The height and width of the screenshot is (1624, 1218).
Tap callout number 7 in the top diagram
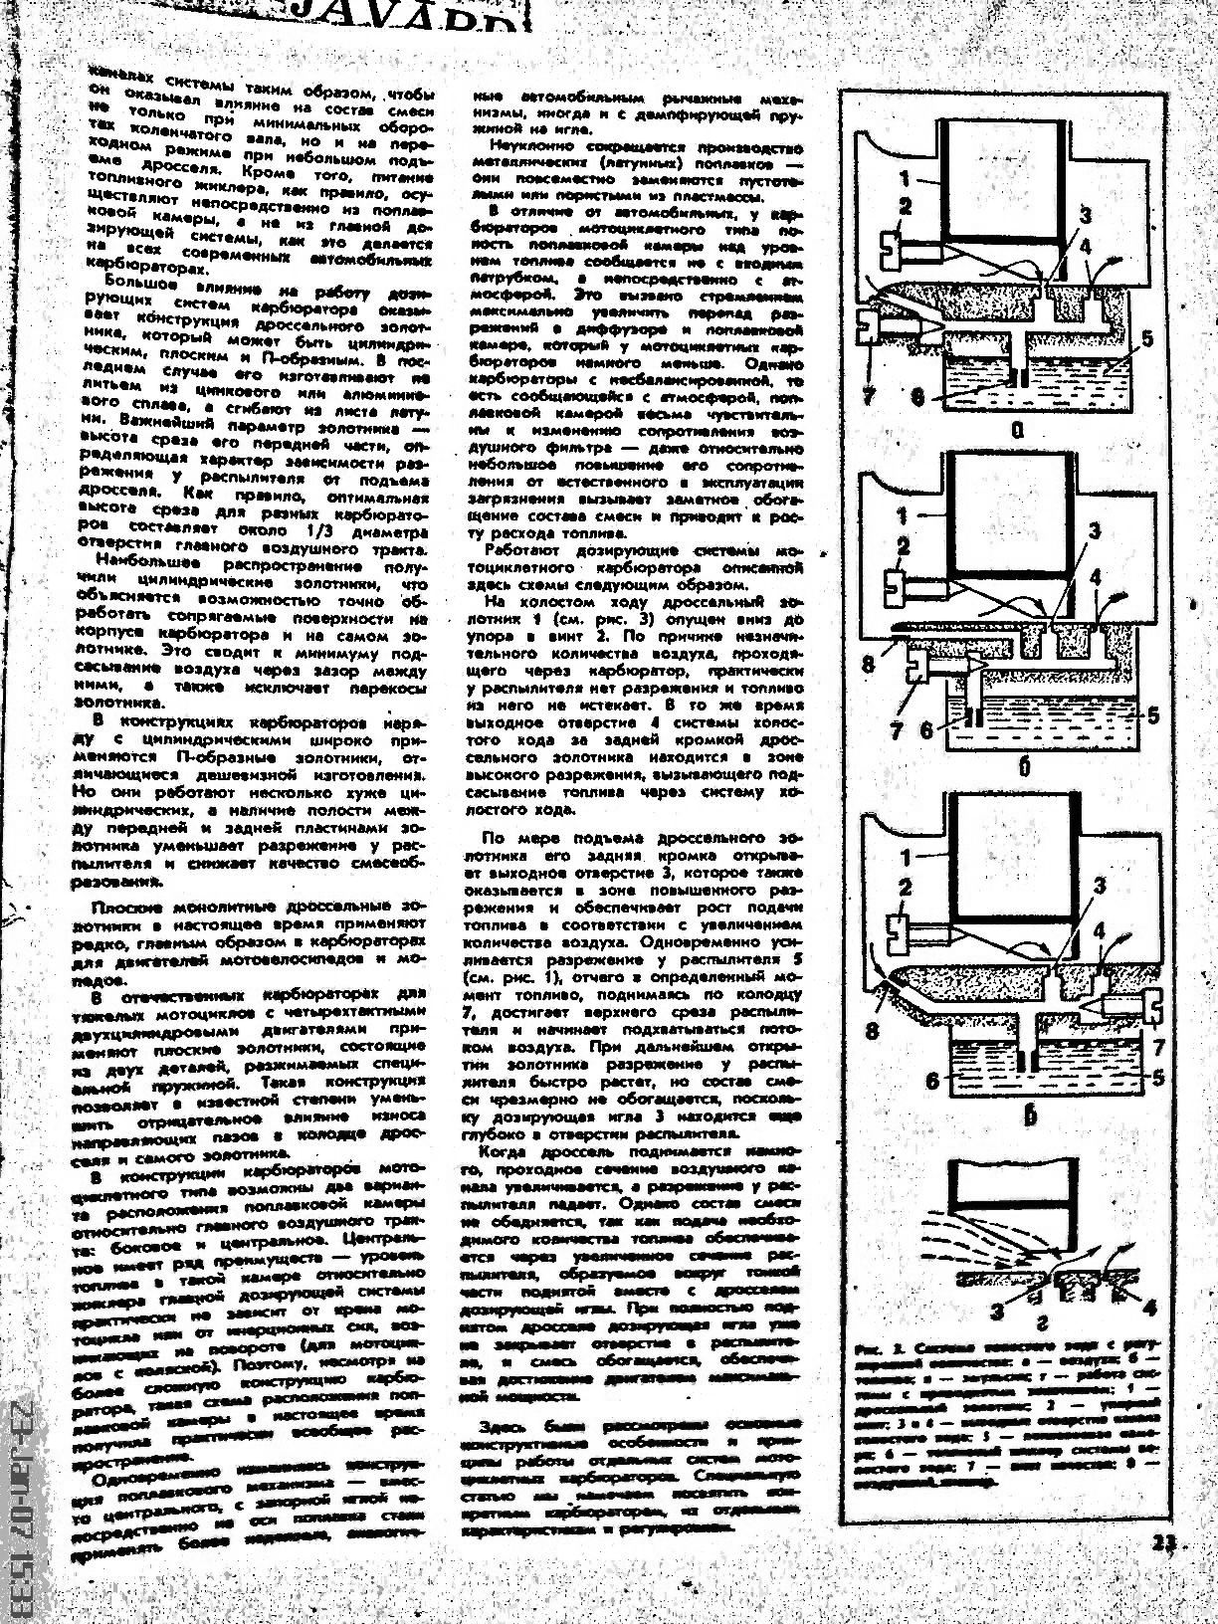pyautogui.click(x=869, y=395)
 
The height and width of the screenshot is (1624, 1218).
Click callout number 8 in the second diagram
pyautogui.click(x=868, y=662)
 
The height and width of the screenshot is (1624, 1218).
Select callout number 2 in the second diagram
pyautogui.click(x=904, y=546)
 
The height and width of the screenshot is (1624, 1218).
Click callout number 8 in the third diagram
pyautogui.click(x=872, y=1031)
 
